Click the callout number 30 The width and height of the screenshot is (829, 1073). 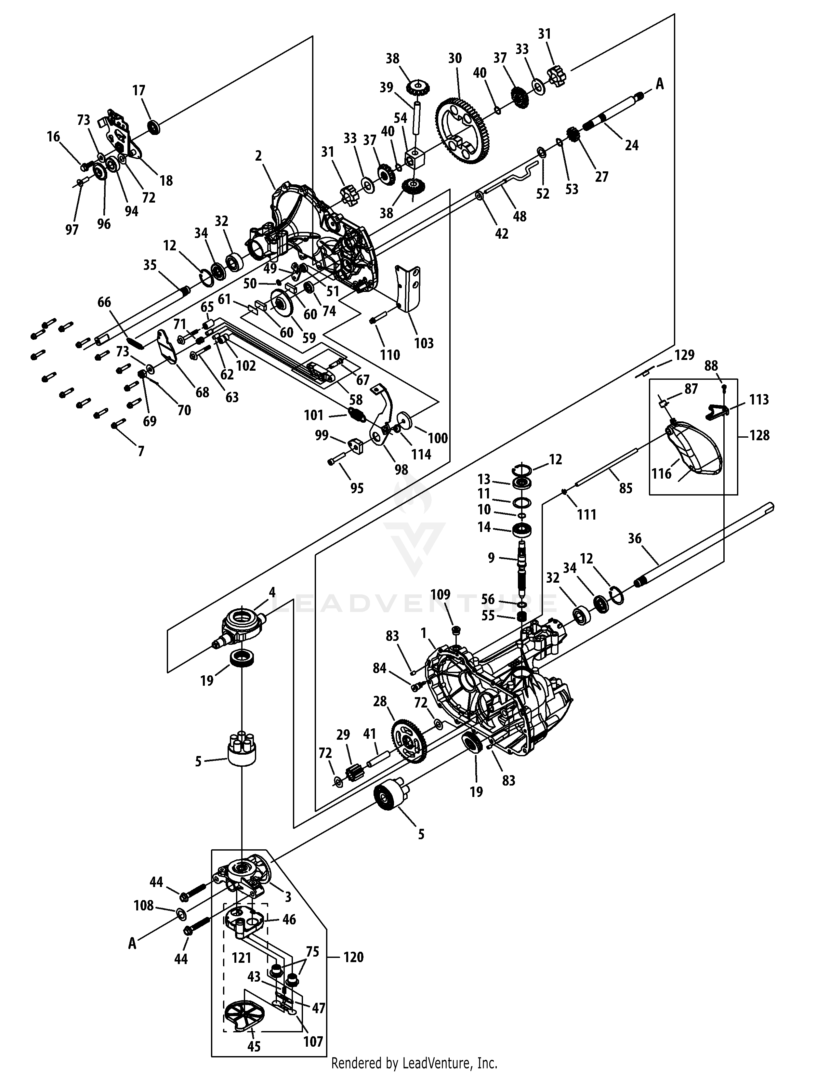(x=455, y=59)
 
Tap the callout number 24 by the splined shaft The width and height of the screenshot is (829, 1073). (x=632, y=145)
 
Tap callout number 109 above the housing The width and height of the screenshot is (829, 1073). (x=440, y=595)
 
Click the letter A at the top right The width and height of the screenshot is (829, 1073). (x=660, y=85)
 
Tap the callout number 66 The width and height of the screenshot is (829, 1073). (x=104, y=302)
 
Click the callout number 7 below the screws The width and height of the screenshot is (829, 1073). (x=141, y=451)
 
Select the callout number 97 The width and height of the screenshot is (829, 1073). (x=72, y=230)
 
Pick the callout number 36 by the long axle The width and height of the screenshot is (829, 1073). (x=635, y=538)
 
